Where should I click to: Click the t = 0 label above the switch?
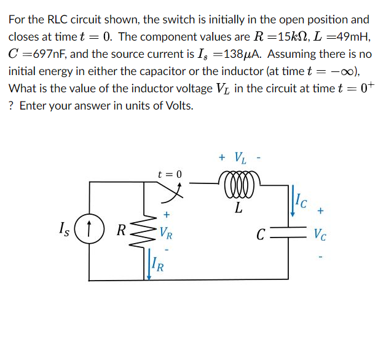click(170, 174)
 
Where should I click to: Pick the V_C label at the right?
click(320, 234)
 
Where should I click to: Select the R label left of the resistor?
click(122, 232)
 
